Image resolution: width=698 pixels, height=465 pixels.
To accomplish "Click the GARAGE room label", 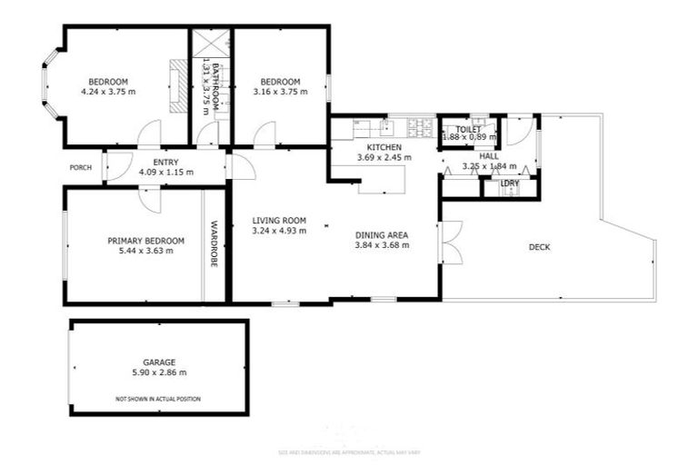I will [x=158, y=361].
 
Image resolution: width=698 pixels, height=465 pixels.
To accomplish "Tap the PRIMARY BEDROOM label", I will [x=145, y=241].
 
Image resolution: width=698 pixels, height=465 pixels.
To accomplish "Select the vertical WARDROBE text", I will [x=215, y=244].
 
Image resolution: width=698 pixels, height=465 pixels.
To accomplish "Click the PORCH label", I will [x=80, y=167].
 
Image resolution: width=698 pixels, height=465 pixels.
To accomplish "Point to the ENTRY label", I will [x=165, y=162].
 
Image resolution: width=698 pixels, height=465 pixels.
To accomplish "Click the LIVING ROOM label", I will [x=279, y=220].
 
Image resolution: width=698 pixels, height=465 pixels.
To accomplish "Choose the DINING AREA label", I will [x=381, y=234].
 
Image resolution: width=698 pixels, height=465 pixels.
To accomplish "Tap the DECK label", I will [x=539, y=247].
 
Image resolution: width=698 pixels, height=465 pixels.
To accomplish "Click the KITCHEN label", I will [x=384, y=147].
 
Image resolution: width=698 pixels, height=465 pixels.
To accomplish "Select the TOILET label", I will [x=468, y=130].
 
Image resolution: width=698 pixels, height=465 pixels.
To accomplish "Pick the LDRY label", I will [x=510, y=183].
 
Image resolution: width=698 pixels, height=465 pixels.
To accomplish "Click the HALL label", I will [x=489, y=156].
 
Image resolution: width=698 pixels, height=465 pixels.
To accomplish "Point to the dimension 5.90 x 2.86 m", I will [x=158, y=372].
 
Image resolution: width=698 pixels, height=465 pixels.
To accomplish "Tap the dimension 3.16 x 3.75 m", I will [x=280, y=92].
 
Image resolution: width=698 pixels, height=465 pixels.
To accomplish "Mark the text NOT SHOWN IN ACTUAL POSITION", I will [x=158, y=399].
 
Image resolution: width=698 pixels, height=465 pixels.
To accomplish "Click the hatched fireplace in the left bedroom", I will [x=178, y=85].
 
